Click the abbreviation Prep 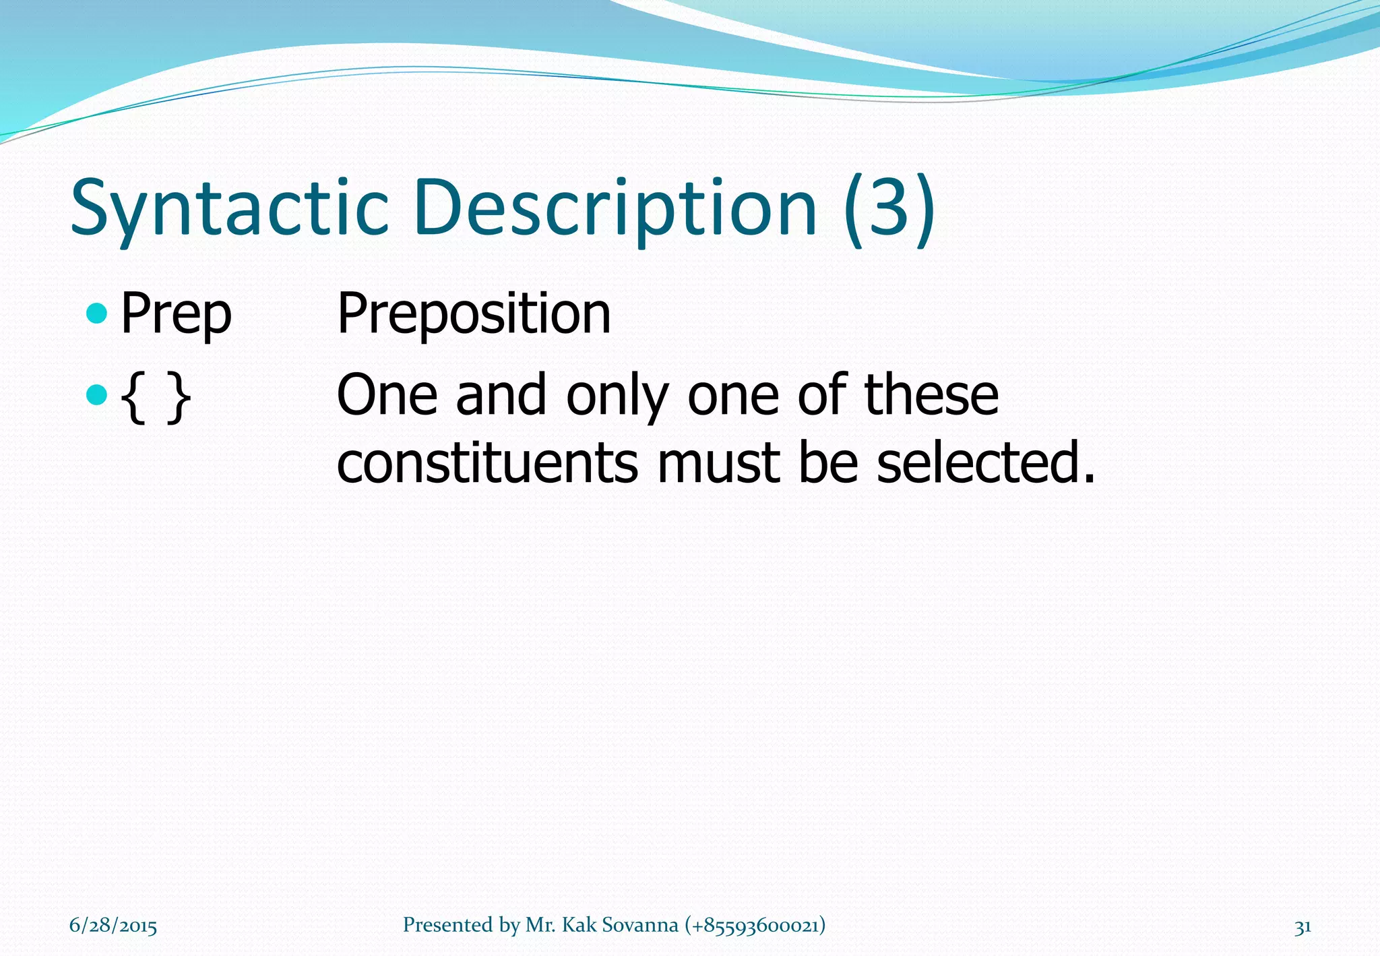177,314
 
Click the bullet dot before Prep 98,313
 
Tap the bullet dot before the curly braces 98,394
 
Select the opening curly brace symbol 135,398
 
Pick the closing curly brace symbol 178,398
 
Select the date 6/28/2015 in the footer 113,926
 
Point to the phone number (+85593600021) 755,925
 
